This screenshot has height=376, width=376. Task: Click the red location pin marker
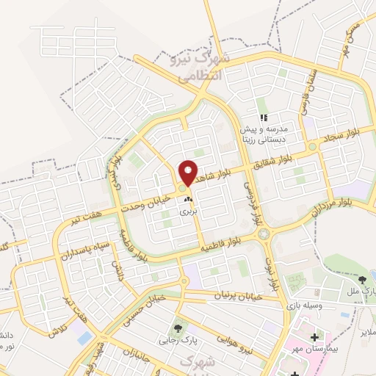189,172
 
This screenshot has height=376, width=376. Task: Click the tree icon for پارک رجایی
177,328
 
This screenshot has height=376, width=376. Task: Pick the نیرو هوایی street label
235,346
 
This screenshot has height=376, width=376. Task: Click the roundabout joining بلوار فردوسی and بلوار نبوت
263,234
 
